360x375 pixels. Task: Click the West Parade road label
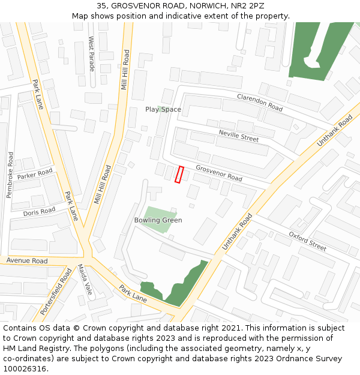point(92,53)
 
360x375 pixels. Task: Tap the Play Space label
point(163,109)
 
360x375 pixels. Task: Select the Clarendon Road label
point(260,103)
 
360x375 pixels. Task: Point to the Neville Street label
point(238,136)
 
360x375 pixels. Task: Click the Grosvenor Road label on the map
point(218,173)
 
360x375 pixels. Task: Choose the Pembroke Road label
point(10,175)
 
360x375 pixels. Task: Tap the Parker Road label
point(35,175)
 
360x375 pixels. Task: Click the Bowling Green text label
point(158,220)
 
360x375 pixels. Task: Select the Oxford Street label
point(307,241)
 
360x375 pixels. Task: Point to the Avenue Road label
point(27,261)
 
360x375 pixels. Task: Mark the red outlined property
point(179,174)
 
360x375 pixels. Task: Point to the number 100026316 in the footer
point(25,368)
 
